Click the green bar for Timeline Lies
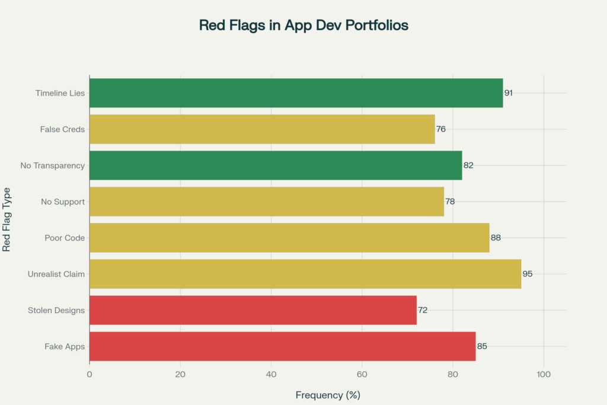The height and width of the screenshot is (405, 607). [296, 93]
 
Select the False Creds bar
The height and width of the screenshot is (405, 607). [262, 129]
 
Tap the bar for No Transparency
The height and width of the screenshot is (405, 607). [276, 165]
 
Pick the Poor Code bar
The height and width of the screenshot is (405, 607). [289, 238]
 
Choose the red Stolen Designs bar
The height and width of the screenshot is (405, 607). [253, 310]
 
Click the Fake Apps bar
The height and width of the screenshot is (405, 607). [282, 346]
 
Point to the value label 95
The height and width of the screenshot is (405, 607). [527, 274]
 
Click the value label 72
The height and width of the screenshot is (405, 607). [423, 310]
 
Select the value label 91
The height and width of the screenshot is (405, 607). [509, 93]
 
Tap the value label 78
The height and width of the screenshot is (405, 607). [450, 202]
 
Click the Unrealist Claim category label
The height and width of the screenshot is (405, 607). [56, 274]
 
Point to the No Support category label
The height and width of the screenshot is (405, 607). [63, 202]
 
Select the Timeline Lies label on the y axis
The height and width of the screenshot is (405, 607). [60, 93]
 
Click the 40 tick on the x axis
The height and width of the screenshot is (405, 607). [271, 374]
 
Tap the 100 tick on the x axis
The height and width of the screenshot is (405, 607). [544, 374]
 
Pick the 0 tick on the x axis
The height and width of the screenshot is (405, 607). [90, 374]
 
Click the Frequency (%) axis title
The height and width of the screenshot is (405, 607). [328, 394]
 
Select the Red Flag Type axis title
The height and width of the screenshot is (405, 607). [7, 220]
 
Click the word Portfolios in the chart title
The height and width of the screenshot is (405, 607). [373, 26]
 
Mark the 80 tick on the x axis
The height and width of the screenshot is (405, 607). [453, 374]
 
